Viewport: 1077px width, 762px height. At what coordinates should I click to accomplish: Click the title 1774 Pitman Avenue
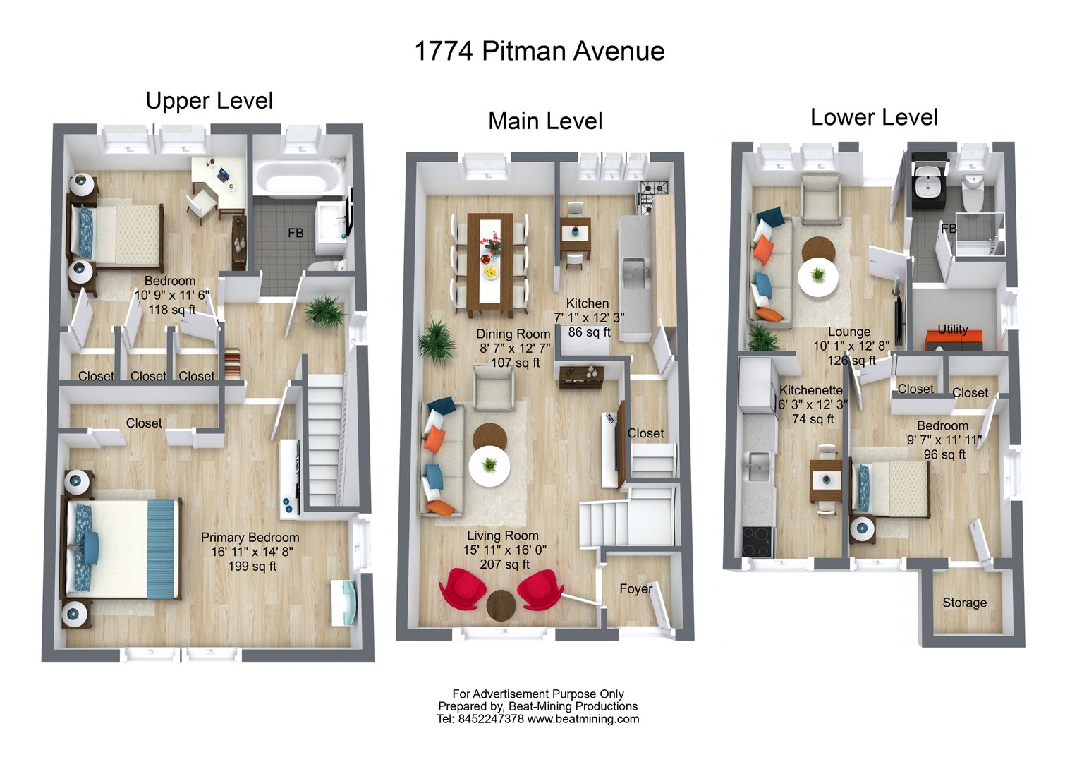[539, 52]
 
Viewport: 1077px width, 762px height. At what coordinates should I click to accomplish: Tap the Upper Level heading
[209, 101]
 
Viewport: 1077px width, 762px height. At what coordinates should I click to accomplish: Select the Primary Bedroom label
[250, 537]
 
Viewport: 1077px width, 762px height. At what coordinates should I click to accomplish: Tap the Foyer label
[635, 588]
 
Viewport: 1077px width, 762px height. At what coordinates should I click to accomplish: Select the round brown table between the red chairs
[501, 604]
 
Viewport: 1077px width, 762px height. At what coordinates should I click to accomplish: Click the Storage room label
[964, 603]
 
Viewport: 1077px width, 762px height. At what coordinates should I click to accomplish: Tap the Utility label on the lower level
[952, 329]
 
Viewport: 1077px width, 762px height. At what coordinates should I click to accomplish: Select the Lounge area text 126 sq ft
[851, 361]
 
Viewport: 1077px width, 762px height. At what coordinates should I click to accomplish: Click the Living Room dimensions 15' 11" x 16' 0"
[504, 550]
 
